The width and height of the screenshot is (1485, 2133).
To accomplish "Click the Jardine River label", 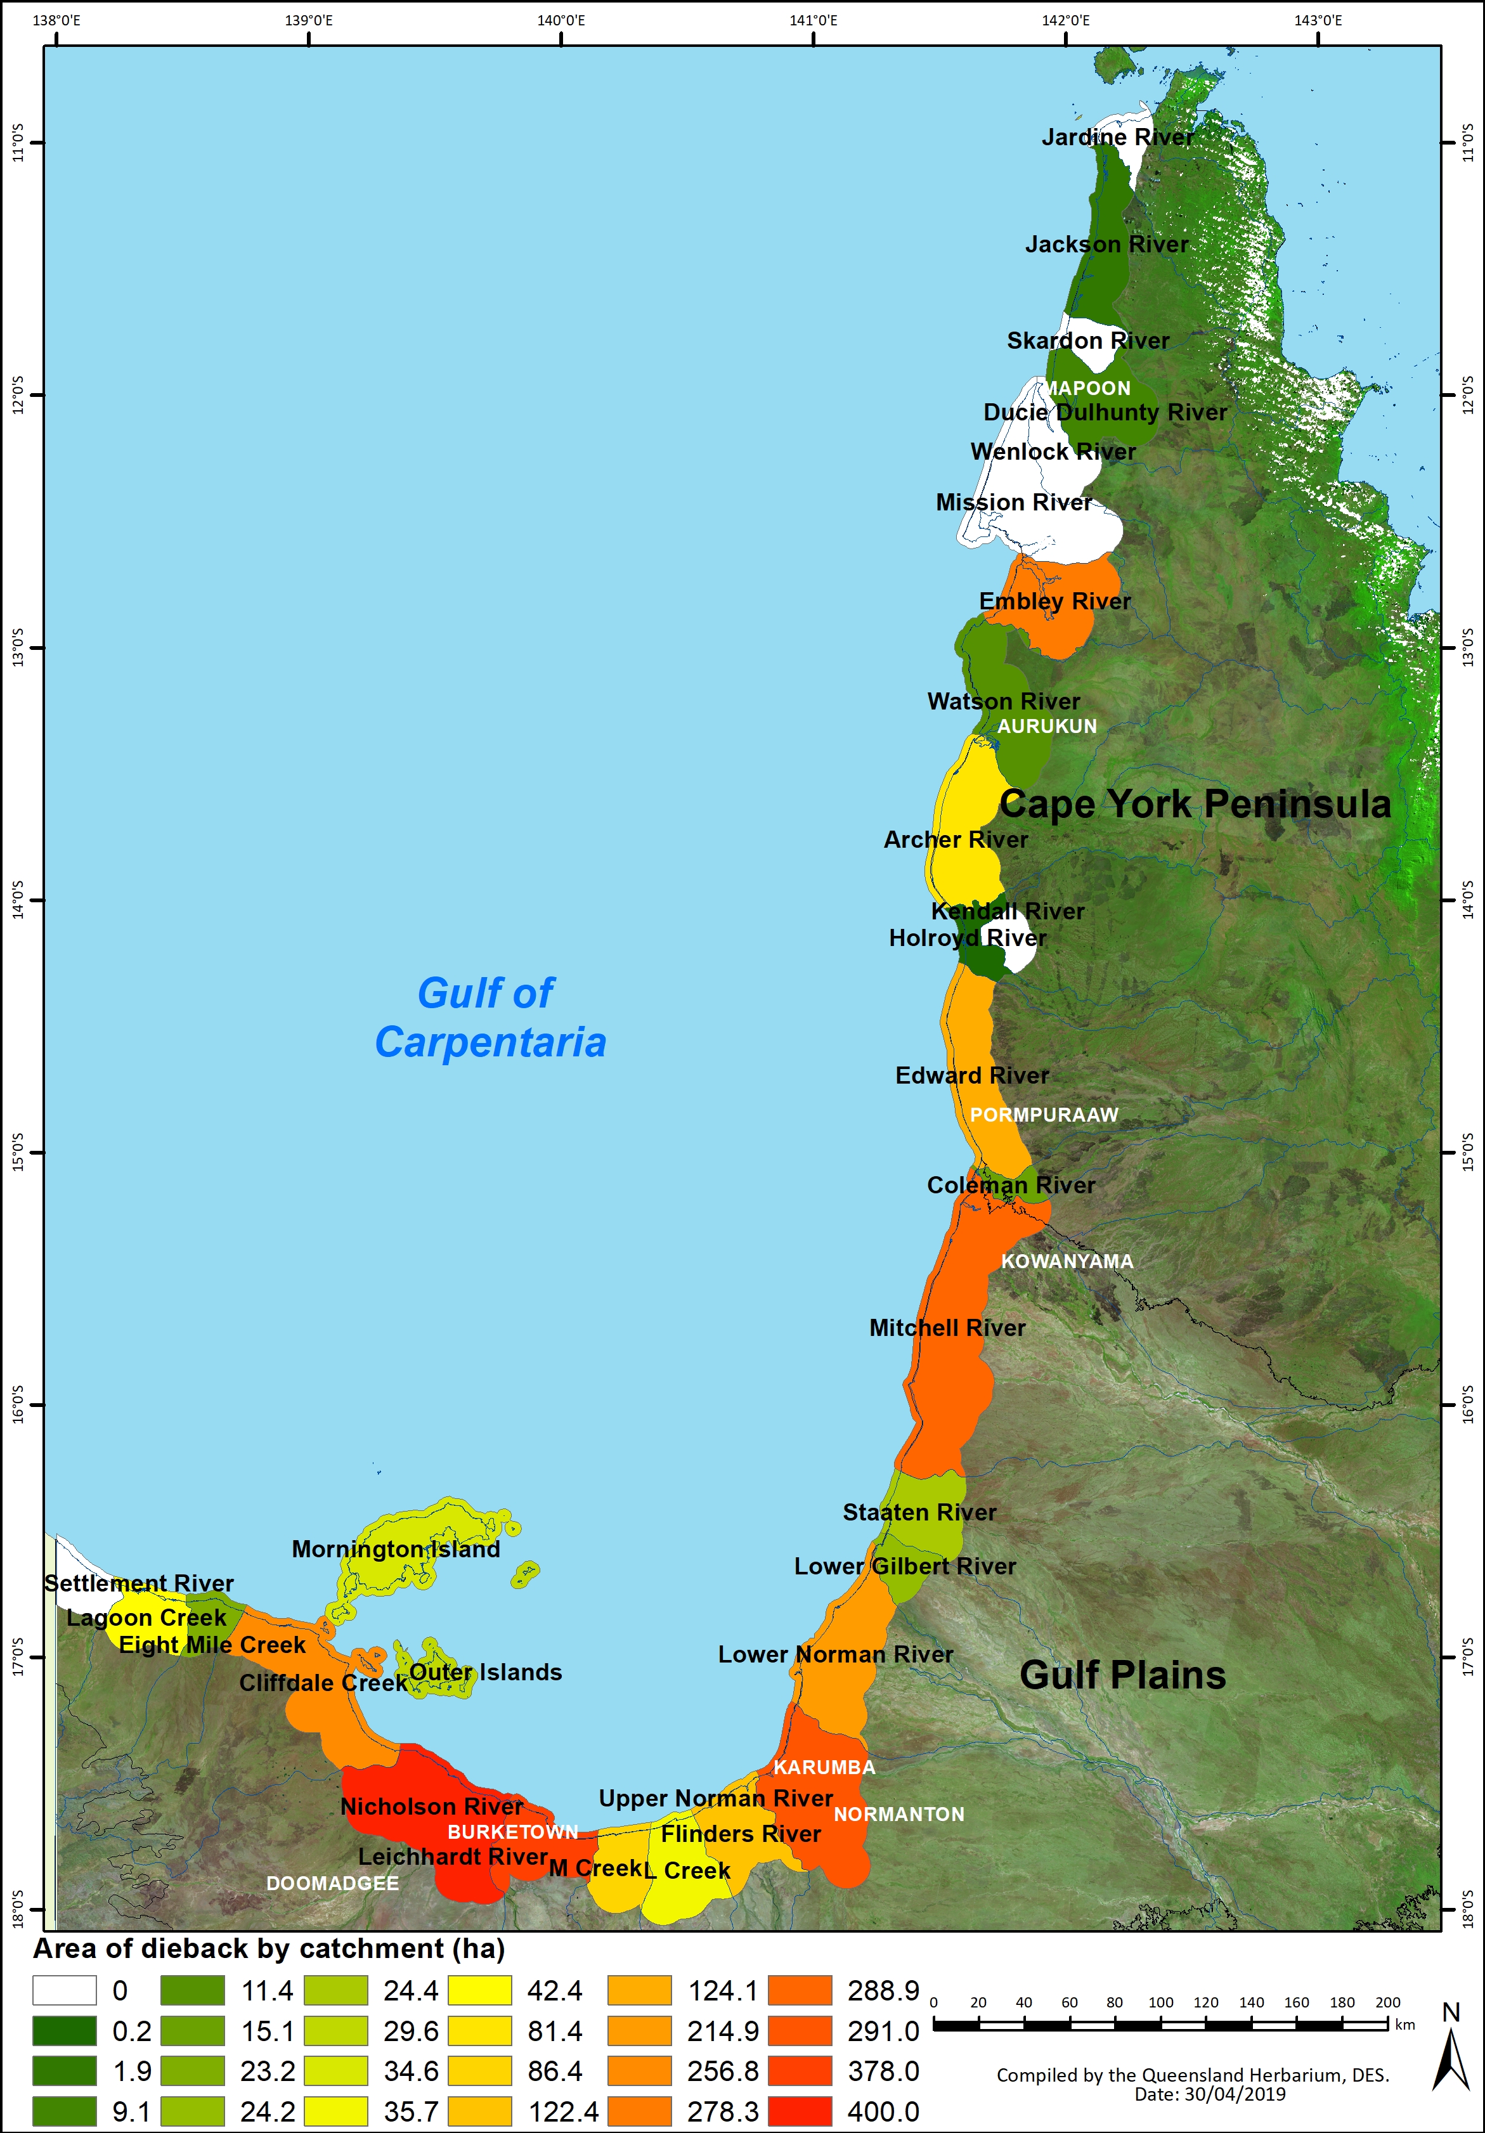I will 1117,138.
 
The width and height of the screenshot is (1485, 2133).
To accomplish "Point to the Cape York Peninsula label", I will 1195,803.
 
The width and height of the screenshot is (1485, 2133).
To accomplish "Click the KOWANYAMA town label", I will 1067,1262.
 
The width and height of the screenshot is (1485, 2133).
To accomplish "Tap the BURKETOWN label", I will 512,1832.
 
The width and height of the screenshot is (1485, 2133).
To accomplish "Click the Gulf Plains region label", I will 1122,1675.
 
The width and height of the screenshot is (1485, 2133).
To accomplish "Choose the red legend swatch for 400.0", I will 800,2111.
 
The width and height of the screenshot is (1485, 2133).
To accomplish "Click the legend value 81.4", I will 555,2031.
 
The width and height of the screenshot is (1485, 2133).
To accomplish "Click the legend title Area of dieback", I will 269,1948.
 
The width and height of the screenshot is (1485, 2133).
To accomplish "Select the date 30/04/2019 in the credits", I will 1235,2094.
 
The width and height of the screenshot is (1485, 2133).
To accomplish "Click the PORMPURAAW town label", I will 1044,1115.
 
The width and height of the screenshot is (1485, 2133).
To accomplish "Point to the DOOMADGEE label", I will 333,1883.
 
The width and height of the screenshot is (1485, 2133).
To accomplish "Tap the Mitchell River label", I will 947,1328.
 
